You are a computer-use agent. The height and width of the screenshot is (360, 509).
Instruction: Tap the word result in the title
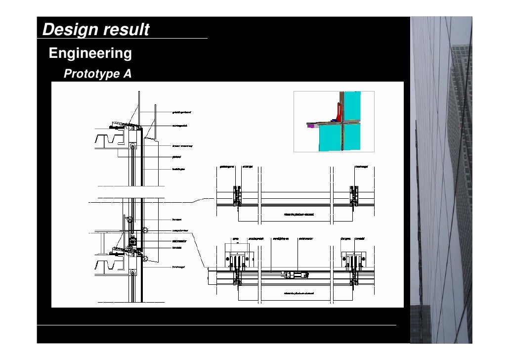coord(126,30)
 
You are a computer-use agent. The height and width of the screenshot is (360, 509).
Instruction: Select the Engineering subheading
coord(90,53)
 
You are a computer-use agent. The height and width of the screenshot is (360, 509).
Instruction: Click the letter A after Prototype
coord(127,74)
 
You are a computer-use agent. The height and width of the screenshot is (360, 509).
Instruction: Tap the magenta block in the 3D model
coord(310,126)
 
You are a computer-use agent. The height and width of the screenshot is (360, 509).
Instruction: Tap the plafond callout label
coord(176,157)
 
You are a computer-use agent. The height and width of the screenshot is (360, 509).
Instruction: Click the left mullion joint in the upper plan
coord(237,196)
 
